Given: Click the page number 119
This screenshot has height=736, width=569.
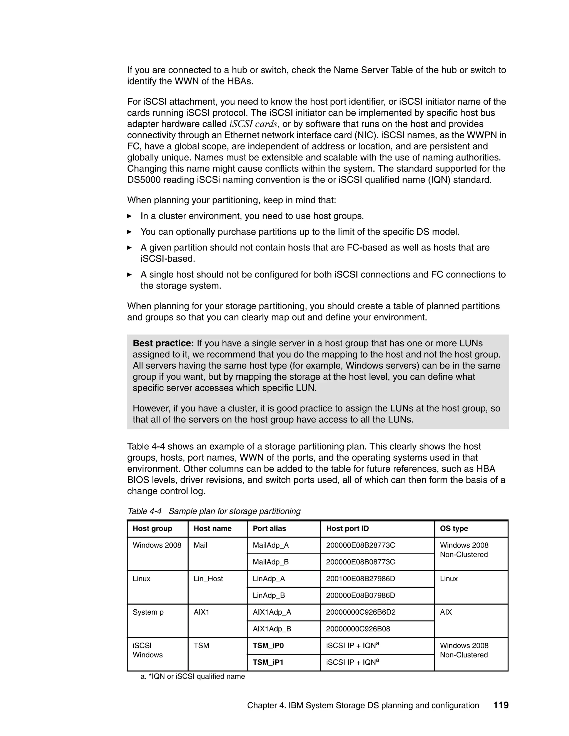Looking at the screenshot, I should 501,705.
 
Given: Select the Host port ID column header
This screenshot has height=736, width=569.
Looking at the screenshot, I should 347,529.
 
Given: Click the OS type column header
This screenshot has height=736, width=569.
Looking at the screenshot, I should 454,529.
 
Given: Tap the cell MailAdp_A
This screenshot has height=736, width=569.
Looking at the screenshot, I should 271,545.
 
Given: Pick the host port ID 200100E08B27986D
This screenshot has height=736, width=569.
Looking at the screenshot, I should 360,579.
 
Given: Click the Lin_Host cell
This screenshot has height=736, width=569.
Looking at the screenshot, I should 208,579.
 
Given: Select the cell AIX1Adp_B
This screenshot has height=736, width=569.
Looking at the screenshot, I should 272,629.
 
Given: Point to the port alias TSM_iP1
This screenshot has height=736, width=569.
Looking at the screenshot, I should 268,662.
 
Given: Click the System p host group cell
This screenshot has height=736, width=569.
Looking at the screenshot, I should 148,612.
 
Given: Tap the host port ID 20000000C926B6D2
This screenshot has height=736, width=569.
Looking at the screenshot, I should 361,612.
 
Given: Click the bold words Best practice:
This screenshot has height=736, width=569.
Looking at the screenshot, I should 163,343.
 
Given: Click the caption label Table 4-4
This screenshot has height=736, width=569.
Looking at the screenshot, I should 144,511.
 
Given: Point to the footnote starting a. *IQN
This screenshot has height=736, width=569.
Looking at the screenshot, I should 193,676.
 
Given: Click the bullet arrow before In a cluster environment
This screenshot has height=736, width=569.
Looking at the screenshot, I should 129,216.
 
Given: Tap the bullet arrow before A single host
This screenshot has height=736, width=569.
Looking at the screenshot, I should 129,275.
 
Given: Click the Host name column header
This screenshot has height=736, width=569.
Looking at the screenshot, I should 212,529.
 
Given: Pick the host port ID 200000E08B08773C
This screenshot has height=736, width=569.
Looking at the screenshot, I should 360,562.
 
